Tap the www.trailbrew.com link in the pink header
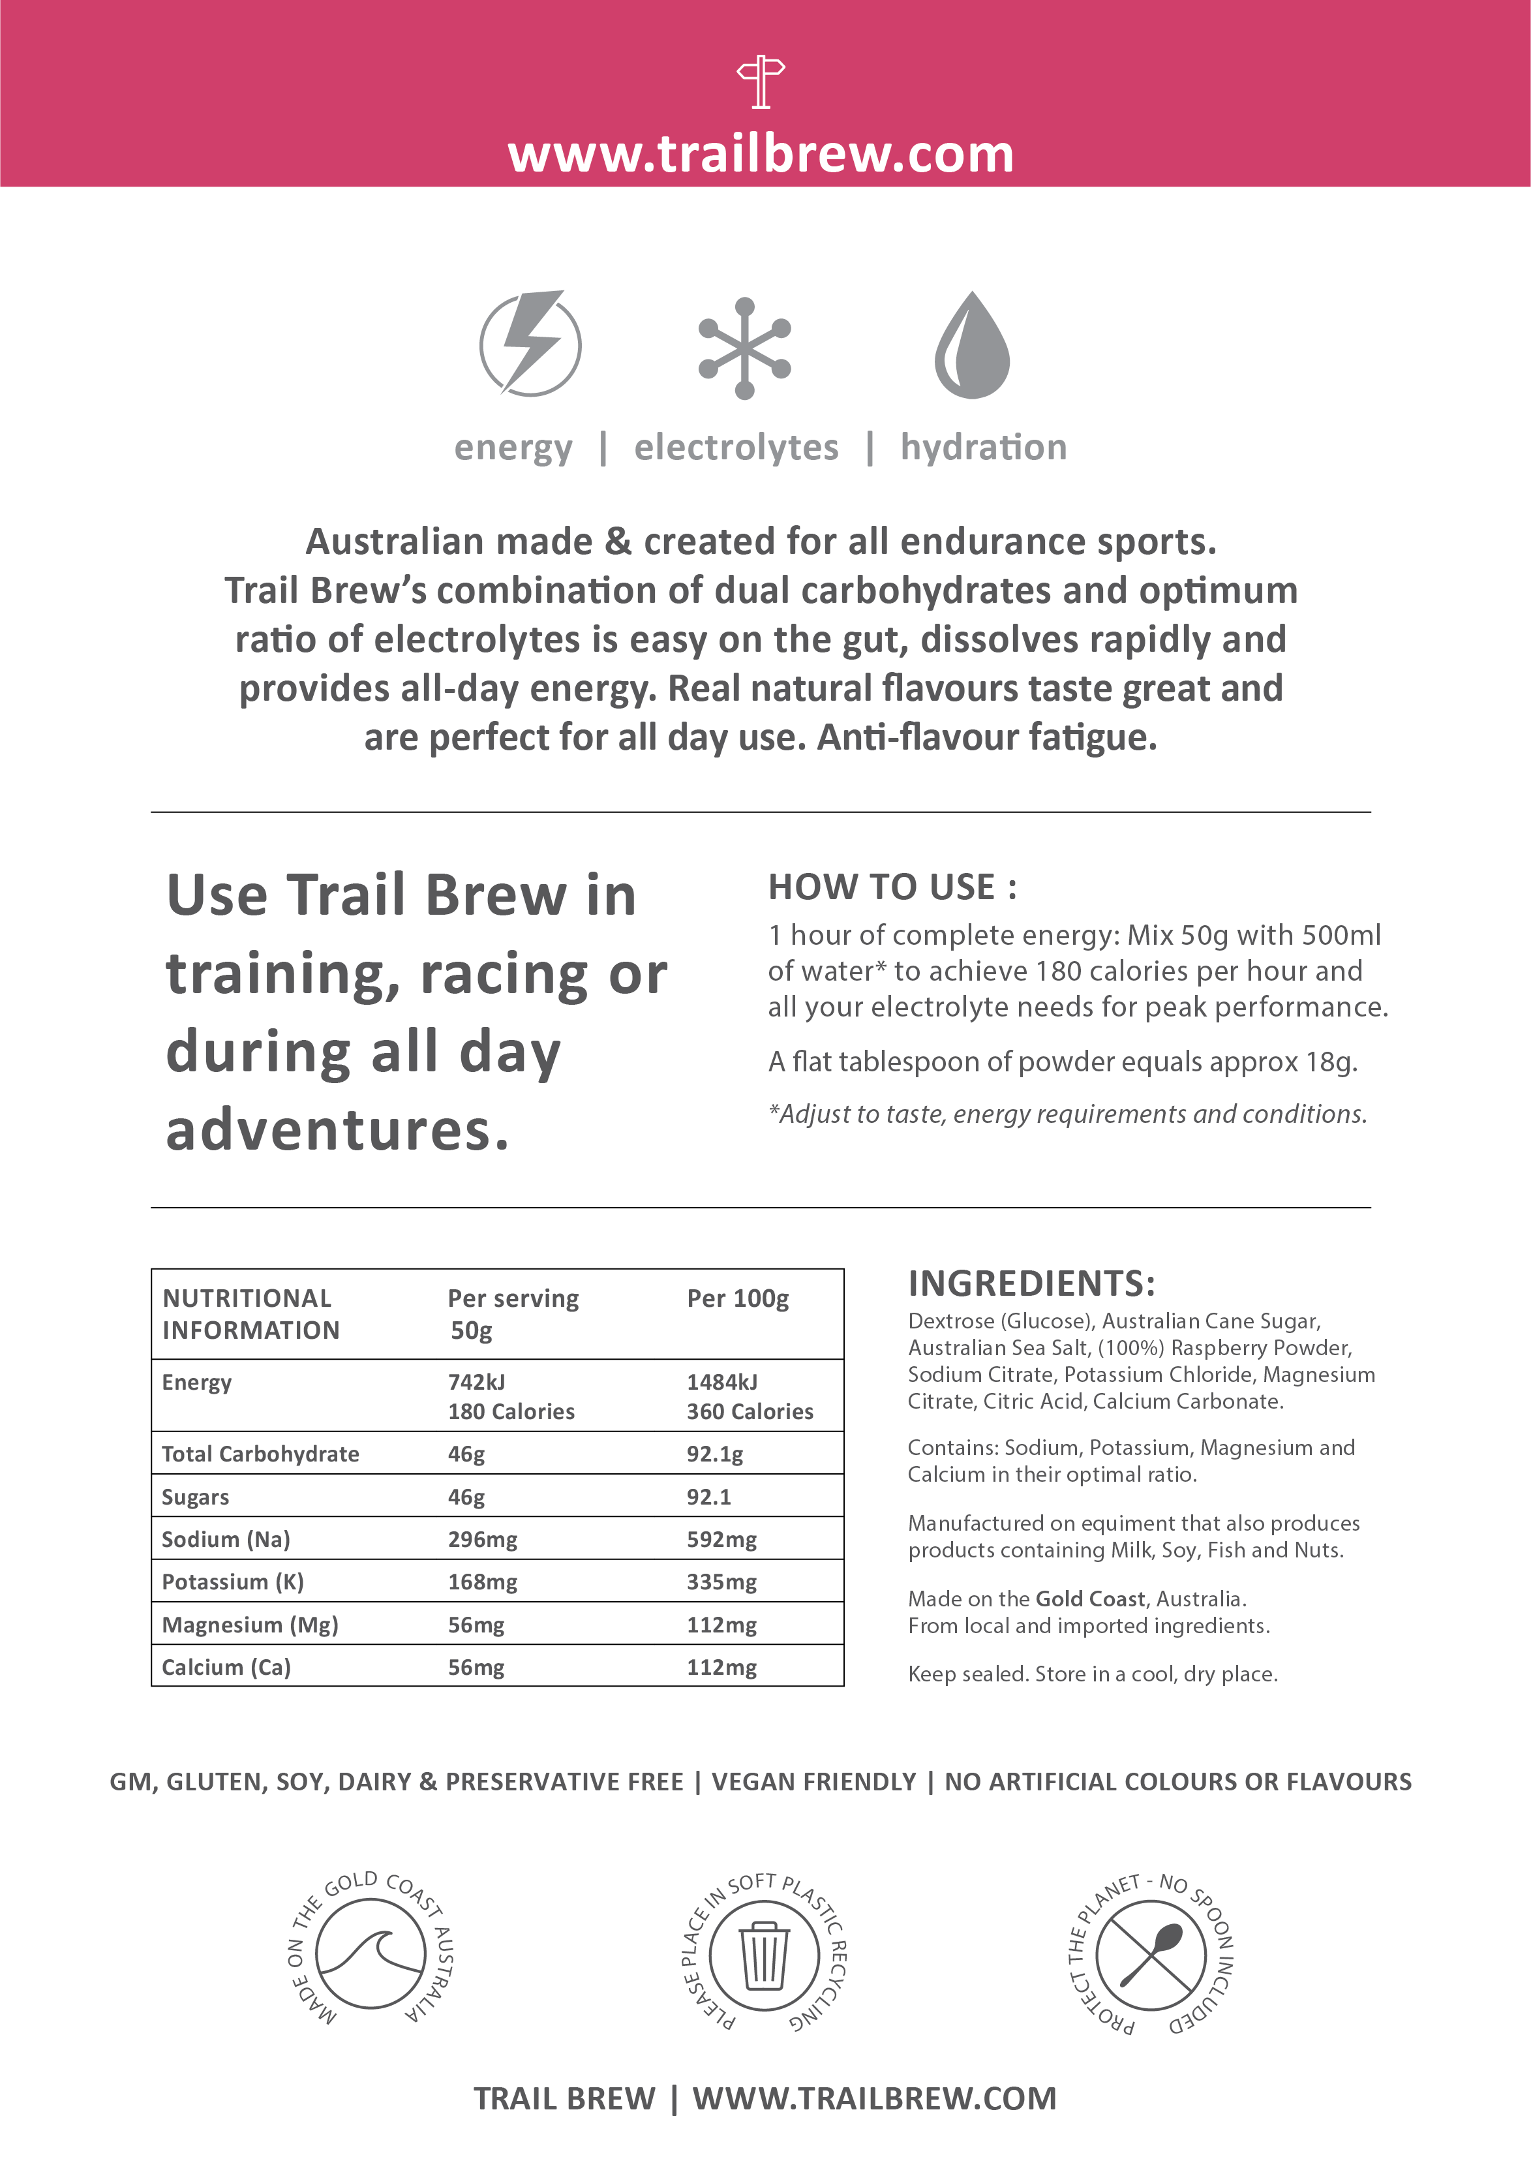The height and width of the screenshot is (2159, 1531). tap(761, 154)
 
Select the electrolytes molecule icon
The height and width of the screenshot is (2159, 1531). tap(745, 348)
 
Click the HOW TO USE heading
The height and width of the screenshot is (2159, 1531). tap(892, 887)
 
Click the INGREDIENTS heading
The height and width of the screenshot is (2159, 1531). tap(1031, 1283)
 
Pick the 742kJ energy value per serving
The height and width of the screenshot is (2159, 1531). tap(476, 1382)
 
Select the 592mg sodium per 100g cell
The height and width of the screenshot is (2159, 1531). tap(721, 1540)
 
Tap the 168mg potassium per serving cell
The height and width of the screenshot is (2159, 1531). tap(481, 1582)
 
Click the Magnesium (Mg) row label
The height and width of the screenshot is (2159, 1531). tap(250, 1625)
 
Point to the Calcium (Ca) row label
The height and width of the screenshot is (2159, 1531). tap(226, 1667)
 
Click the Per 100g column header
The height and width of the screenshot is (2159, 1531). tap(737, 1298)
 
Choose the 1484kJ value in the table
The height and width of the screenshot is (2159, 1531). tap(721, 1382)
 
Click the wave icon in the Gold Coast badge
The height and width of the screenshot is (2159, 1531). tap(371, 1953)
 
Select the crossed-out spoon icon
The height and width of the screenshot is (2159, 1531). tap(1151, 1953)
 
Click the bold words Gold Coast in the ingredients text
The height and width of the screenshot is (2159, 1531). tap(1090, 1599)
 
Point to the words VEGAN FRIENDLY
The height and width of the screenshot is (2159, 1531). tap(813, 1782)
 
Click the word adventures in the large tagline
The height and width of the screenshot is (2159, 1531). tap(337, 1131)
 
